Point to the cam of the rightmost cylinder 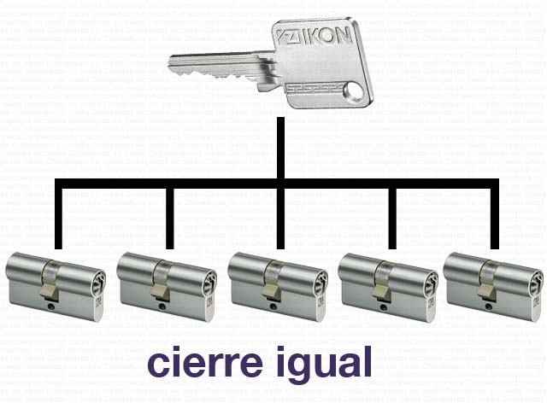(x=486, y=293)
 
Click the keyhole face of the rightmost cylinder (x=534, y=281)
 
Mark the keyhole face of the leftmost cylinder (x=97, y=281)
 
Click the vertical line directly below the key (x=279, y=149)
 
